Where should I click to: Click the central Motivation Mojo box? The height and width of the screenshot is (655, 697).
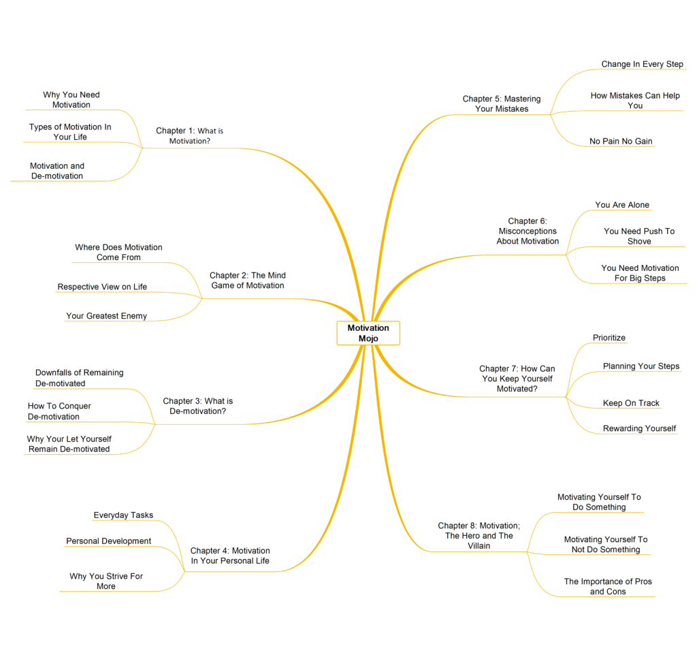pyautogui.click(x=368, y=333)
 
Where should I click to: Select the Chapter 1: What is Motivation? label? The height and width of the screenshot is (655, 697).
pyautogui.click(x=190, y=135)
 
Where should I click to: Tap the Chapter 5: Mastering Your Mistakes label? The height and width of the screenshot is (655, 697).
pyautogui.click(x=502, y=103)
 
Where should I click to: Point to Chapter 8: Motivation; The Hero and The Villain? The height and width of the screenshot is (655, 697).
pyautogui.click(x=479, y=535)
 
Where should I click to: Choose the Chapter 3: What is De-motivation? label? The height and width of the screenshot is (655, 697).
pyautogui.click(x=198, y=406)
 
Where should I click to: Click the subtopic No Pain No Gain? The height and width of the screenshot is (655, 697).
pyautogui.click(x=621, y=141)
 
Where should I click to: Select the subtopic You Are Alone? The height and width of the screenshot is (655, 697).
pyautogui.click(x=622, y=204)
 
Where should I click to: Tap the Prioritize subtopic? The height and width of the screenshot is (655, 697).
pyautogui.click(x=609, y=338)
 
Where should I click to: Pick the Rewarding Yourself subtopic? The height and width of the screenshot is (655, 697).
pyautogui.click(x=639, y=428)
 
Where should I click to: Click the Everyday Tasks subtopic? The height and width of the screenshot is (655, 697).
pyautogui.click(x=123, y=515)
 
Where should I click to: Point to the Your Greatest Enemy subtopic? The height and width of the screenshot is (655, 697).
pyautogui.click(x=106, y=316)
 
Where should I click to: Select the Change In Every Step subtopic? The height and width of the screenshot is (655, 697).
pyautogui.click(x=642, y=64)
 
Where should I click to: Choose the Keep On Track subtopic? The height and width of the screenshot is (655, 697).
pyautogui.click(x=631, y=403)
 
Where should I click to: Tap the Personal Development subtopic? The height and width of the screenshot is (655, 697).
pyautogui.click(x=108, y=541)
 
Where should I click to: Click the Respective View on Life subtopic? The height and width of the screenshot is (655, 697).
pyautogui.click(x=102, y=287)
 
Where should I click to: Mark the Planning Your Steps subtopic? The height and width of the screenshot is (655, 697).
pyautogui.click(x=641, y=366)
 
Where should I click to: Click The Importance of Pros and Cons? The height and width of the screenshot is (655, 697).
pyautogui.click(x=608, y=586)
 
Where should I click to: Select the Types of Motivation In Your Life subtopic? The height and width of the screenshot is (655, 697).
pyautogui.click(x=70, y=131)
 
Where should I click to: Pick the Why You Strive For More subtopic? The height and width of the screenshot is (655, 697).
pyautogui.click(x=106, y=581)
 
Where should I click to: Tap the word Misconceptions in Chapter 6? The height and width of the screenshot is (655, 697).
pyautogui.click(x=528, y=231)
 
